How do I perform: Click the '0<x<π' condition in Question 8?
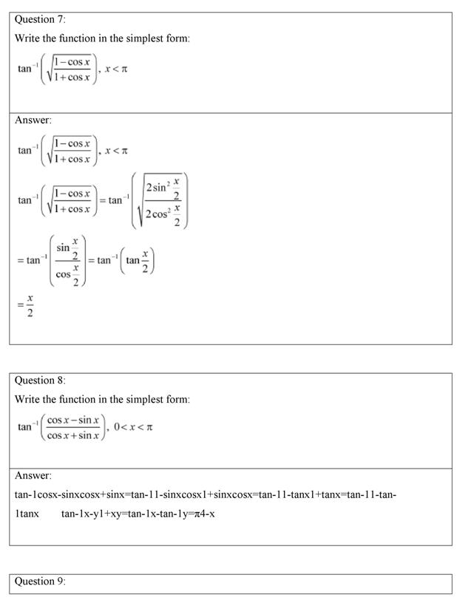[134, 426]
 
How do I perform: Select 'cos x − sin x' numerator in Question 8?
[74, 420]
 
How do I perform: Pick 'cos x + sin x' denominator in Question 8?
[74, 435]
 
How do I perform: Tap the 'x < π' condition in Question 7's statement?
[117, 69]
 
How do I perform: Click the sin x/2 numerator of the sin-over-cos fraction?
[68, 249]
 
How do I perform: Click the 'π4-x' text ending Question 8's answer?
[203, 513]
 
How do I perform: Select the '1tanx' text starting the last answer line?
[27, 513]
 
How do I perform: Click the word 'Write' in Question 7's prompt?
[28, 38]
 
